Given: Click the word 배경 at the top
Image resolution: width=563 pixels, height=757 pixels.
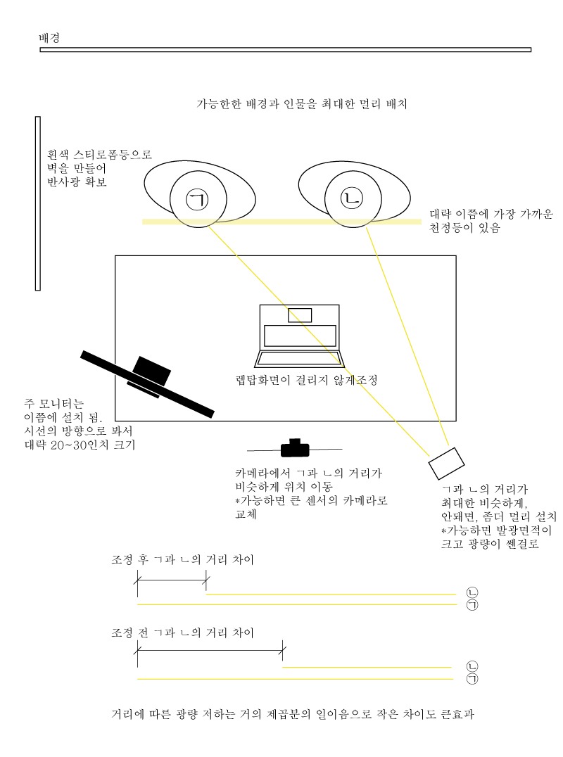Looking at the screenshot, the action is (x=49, y=38).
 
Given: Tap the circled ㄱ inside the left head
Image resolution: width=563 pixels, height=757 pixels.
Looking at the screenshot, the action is (x=198, y=199).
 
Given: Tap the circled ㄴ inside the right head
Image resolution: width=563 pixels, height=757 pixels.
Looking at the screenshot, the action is (x=351, y=198).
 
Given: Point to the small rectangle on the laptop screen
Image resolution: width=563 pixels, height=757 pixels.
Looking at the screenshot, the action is (x=300, y=315).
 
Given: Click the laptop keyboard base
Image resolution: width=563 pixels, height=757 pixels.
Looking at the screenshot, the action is (x=300, y=360).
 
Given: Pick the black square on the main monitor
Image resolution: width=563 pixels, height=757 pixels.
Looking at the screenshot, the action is (x=151, y=371).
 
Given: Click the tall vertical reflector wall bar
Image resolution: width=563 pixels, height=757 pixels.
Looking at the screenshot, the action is (x=38, y=203).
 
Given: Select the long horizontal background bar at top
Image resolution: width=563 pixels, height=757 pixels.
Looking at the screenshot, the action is (x=285, y=50).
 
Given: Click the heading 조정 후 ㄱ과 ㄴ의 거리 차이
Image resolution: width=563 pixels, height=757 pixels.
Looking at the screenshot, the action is (x=182, y=559).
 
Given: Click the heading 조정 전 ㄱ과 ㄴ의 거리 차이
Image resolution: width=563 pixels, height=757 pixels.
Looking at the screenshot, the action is (x=182, y=632).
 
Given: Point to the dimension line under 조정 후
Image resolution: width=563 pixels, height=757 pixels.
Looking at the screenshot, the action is (x=172, y=579).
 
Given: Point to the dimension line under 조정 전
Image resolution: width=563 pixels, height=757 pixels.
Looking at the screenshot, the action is (x=210, y=651).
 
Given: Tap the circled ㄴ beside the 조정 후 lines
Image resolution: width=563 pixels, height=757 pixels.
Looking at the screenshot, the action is (x=472, y=592).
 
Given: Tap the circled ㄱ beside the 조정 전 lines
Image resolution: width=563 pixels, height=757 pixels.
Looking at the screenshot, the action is (x=472, y=679).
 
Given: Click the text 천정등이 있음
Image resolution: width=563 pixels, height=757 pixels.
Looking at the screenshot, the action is (x=464, y=227).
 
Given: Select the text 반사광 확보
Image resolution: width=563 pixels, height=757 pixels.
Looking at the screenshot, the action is (x=77, y=182).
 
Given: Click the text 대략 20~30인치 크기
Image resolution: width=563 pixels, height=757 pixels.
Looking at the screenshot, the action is (x=80, y=445).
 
